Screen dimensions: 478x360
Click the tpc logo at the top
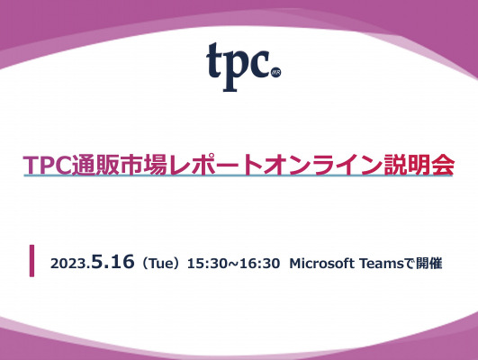(243, 67)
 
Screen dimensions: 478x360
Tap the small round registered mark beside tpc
(275, 73)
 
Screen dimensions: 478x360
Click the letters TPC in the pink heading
(47, 166)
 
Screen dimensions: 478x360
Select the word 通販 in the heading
(95, 166)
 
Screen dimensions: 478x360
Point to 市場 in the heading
(142, 166)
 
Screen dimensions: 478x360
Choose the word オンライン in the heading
(322, 166)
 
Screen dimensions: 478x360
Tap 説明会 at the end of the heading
(419, 166)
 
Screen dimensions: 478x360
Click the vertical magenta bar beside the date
(32, 261)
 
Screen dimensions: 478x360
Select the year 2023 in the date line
(68, 264)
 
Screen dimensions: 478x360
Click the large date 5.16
(113, 262)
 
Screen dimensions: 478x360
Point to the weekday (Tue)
(160, 264)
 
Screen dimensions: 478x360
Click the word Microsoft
(322, 264)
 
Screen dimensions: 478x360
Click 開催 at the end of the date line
(429, 264)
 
